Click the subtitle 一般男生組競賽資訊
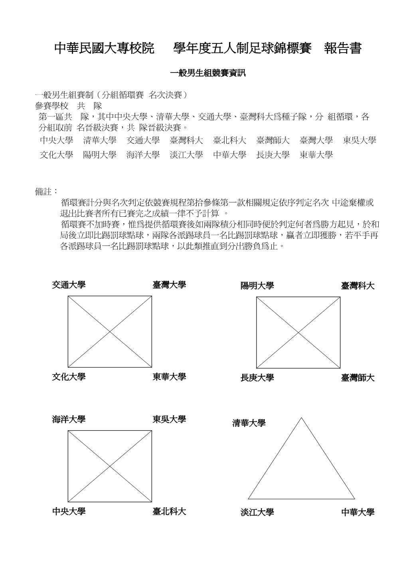point(207,73)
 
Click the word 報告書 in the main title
point(343,49)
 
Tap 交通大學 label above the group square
point(69,285)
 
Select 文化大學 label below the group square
point(69,377)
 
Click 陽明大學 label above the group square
point(257,286)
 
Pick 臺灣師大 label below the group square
point(358,378)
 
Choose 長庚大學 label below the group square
point(257,378)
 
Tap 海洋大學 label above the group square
point(69,420)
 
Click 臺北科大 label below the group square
point(169,512)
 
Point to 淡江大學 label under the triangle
point(257,512)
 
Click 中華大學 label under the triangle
point(358,512)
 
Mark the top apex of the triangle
point(301,418)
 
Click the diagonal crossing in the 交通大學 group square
point(110,332)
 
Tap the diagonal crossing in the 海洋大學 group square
point(110,466)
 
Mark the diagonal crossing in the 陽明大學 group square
point(298,332)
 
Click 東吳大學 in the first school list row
point(360,141)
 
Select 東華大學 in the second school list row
point(316,155)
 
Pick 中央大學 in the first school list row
point(56,141)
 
